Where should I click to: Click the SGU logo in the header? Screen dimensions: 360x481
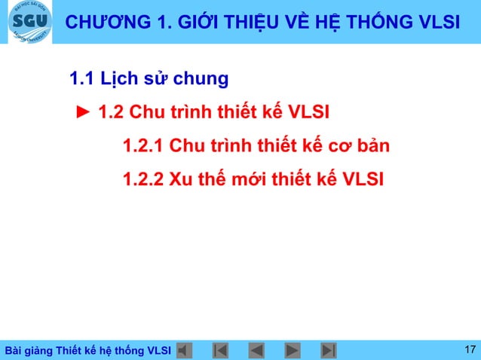pos(31,23)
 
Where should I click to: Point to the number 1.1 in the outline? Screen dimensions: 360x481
pos(81,78)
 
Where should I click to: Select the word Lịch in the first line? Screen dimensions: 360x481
pos(115,78)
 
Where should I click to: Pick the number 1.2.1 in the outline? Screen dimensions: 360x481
pos(142,145)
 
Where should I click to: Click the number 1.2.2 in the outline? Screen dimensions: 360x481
pos(142,179)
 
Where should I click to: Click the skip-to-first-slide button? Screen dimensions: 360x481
pos(221,350)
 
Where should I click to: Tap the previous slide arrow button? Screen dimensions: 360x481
pos(256,350)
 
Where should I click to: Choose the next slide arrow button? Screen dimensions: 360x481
pos(293,350)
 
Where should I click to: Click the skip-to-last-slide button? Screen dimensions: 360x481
pos(329,350)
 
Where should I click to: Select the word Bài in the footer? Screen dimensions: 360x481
pos(14,351)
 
